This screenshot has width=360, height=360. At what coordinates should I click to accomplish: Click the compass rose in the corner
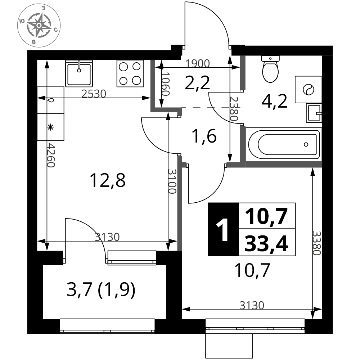point(39,25)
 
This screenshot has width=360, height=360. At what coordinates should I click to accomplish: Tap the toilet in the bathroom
point(270,69)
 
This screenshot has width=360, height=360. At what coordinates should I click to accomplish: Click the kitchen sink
point(79,73)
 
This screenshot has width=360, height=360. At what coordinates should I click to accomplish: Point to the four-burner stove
point(130,73)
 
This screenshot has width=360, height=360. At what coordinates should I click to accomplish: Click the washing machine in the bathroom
point(309,89)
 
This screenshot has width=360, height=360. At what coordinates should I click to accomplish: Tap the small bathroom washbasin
point(314,113)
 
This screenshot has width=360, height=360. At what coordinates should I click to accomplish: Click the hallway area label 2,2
point(197,83)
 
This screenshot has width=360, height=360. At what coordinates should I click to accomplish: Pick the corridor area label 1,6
point(204,136)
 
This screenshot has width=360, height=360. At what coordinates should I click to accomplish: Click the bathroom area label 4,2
point(274,102)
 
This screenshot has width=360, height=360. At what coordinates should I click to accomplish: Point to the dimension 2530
point(94,94)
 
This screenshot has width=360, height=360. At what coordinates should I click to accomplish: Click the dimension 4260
point(51,156)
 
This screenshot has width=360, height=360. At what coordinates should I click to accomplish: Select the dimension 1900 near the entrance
point(198,63)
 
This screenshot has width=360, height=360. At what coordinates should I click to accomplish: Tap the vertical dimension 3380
point(316,243)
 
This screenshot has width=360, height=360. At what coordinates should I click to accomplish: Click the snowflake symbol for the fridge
point(50,127)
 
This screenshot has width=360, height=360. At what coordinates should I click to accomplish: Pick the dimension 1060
point(165,84)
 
